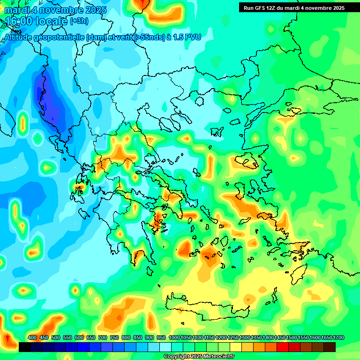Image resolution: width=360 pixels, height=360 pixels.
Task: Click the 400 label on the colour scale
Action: click(32, 338)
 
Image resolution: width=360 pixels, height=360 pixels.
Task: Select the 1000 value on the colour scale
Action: click(174, 338)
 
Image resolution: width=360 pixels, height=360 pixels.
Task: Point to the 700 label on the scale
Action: click(103, 338)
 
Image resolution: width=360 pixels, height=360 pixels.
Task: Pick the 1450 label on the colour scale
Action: click(280, 338)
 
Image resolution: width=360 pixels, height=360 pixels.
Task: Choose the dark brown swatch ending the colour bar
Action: click(329, 347)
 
